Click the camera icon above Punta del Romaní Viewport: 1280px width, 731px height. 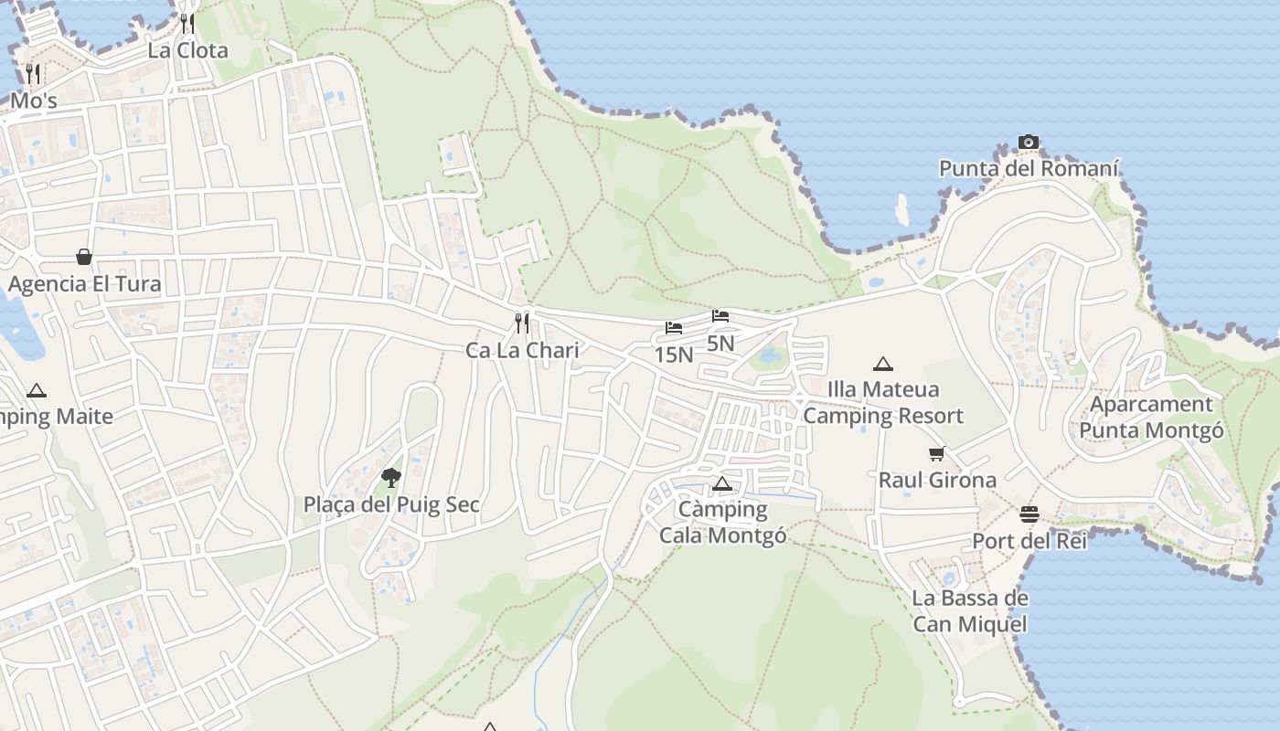click(1029, 143)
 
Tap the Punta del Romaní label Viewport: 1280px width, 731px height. click(1029, 169)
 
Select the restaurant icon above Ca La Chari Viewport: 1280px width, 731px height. click(522, 323)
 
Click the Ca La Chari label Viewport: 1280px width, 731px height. click(522, 350)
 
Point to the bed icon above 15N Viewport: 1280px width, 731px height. click(674, 328)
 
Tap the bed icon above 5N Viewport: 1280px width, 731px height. click(720, 317)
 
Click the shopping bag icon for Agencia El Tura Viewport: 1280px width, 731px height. click(84, 257)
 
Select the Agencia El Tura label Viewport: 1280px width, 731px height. click(84, 284)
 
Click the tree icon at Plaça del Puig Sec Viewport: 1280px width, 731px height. click(391, 477)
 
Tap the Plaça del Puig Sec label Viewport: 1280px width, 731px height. click(391, 504)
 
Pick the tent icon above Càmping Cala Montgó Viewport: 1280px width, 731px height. click(722, 483)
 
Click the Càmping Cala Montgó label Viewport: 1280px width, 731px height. click(723, 522)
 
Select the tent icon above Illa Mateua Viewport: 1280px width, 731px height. click(882, 364)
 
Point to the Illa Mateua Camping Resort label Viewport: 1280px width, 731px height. click(883, 402)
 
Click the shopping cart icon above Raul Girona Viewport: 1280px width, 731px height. click(937, 453)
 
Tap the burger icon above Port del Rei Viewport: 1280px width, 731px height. click(1029, 514)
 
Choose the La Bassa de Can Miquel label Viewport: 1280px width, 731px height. click(969, 611)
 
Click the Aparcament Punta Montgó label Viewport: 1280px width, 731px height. click(1152, 417)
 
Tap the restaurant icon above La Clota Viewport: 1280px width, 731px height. click(187, 23)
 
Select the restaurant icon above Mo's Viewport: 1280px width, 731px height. click(33, 73)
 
